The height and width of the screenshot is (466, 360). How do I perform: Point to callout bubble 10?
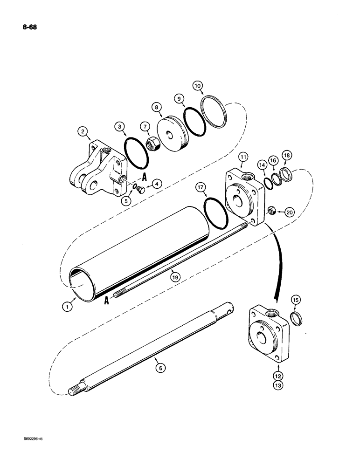click(x=198, y=86)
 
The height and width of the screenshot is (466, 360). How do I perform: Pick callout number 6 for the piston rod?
click(x=160, y=367)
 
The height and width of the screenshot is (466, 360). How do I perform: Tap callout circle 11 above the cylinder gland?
click(x=244, y=159)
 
